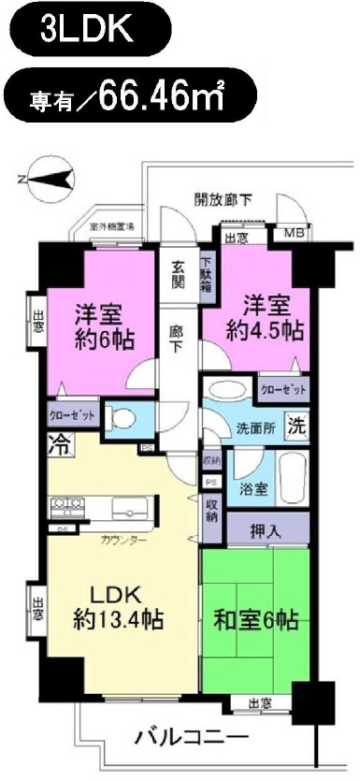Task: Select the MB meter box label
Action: pos(294,233)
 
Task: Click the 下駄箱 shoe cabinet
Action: pos(207,277)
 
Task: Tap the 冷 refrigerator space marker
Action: pos(57,444)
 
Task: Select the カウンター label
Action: pos(122,540)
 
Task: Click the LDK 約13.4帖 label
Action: pos(116,606)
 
